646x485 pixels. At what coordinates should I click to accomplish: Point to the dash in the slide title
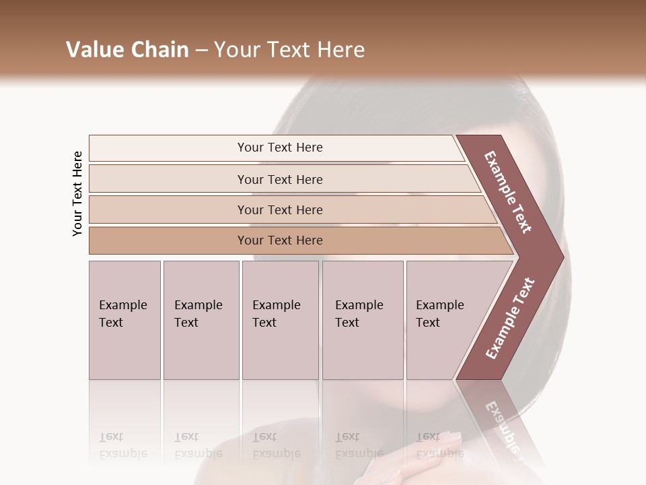201,51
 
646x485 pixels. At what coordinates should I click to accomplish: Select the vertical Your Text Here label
77,193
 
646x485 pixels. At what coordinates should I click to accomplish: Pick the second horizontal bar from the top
280,179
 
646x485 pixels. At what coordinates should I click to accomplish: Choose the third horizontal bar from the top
280,209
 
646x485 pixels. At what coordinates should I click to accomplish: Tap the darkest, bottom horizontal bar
280,240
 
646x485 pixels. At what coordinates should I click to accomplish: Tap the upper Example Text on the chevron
509,191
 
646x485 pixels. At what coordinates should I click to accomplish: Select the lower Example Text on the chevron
510,318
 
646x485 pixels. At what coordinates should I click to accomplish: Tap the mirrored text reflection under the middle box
276,445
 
